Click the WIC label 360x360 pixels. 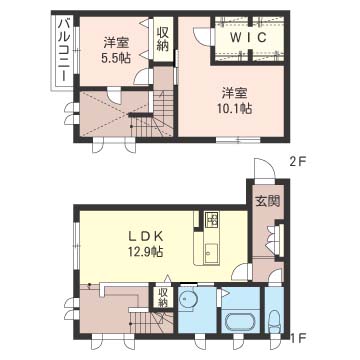coord(249,38)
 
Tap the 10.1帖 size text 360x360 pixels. coord(235,109)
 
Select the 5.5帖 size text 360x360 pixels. coord(116,58)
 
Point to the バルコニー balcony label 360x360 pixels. coord(63,51)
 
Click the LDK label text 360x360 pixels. coord(145,236)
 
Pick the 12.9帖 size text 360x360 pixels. coord(145,251)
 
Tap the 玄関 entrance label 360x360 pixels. coord(268,201)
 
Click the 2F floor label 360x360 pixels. coord(297,162)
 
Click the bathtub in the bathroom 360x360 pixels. coord(240,323)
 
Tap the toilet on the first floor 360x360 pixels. coord(274,321)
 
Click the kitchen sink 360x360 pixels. coord(211,253)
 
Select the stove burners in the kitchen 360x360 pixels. coord(211,220)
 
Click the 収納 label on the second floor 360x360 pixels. coord(163,39)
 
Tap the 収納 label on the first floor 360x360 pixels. coord(163,298)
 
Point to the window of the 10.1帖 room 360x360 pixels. coord(238,140)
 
